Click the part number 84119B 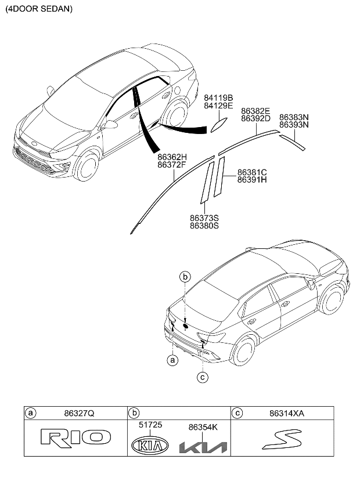(218, 98)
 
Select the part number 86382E (256, 110)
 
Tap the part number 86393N (294, 124)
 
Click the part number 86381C (251, 172)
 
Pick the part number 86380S (204, 226)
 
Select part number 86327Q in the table (77, 413)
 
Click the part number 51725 (150, 425)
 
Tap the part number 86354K (203, 426)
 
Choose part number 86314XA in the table (287, 413)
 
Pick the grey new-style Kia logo (203, 447)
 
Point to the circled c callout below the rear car (203, 377)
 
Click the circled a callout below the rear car (172, 360)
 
